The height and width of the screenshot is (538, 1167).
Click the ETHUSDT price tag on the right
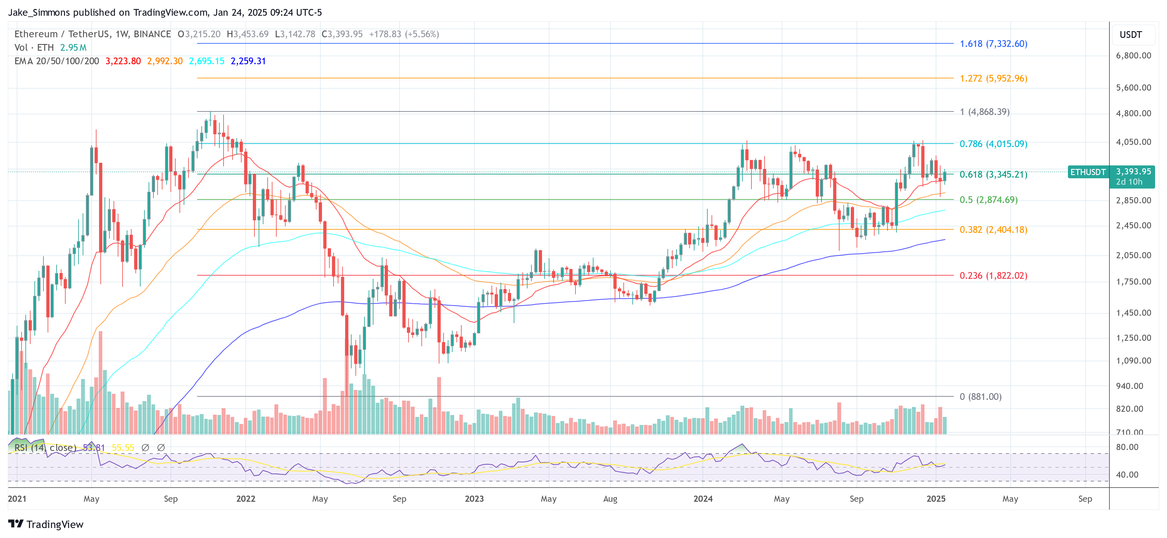tap(1088, 172)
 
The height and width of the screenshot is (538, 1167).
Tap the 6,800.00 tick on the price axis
tap(1133, 56)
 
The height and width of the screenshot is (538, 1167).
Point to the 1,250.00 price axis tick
tap(1133, 338)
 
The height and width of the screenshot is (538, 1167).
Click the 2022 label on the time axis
tap(245, 498)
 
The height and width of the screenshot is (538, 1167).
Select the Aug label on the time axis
tap(610, 498)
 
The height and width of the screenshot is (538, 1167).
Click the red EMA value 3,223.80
tap(123, 61)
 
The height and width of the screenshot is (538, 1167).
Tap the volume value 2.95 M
tap(73, 48)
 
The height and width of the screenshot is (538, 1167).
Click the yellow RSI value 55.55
tap(123, 447)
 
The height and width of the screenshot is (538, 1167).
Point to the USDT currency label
tap(1130, 35)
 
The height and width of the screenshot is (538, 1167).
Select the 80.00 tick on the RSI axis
tap(1127, 447)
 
